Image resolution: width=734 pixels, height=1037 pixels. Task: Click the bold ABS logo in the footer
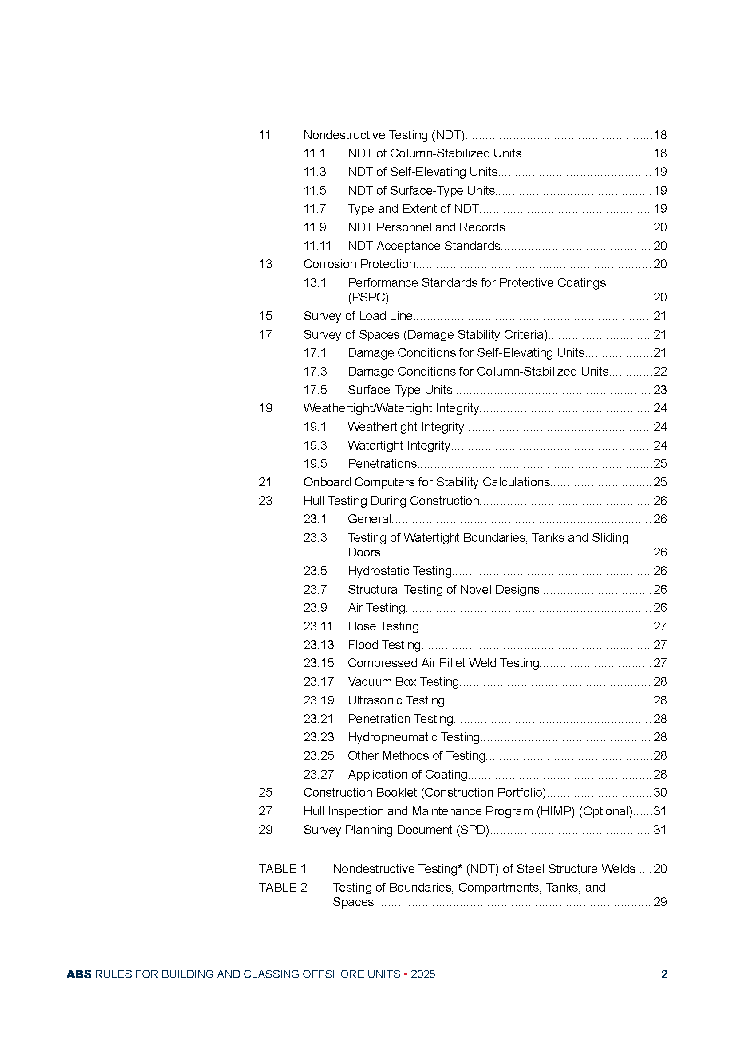click(x=79, y=974)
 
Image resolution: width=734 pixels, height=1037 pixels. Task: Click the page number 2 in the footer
click(x=664, y=974)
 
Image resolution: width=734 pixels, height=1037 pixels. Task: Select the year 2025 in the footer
click(x=422, y=974)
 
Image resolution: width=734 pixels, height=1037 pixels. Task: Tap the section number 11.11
click(x=317, y=246)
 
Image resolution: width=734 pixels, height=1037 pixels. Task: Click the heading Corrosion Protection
click(x=359, y=264)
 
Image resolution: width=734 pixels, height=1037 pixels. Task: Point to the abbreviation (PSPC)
click(x=368, y=297)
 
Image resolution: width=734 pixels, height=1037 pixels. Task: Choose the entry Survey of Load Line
click(x=358, y=316)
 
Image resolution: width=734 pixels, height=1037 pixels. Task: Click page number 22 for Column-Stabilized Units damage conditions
click(x=660, y=371)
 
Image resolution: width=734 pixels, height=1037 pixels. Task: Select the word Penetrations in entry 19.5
click(x=383, y=463)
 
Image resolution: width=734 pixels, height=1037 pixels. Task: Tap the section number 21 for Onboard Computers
click(x=265, y=482)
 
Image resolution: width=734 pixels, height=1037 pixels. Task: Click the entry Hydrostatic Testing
click(x=400, y=571)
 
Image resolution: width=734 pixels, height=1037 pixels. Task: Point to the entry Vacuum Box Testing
click(x=403, y=681)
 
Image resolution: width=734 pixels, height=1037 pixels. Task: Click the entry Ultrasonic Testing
click(x=397, y=700)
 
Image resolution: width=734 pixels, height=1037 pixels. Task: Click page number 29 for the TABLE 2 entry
click(x=660, y=902)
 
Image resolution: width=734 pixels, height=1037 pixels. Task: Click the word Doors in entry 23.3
click(x=364, y=552)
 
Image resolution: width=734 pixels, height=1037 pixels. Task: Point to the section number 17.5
click(x=315, y=390)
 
